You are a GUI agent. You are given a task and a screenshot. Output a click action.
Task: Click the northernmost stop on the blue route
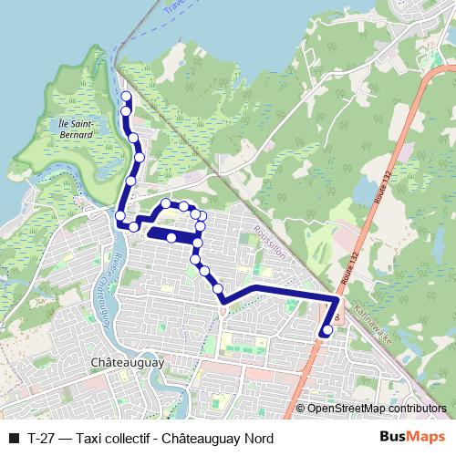point(126,97)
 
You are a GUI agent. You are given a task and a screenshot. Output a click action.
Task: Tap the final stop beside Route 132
point(327,330)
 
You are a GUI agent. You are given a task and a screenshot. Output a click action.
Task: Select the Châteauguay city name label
point(128,362)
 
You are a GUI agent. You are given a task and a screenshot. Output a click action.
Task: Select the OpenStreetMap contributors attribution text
point(377,409)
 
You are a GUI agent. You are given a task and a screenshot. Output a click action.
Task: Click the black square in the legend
point(14,438)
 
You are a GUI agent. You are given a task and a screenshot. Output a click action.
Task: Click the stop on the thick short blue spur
point(171,237)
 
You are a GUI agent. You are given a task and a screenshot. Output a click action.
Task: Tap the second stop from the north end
point(127,111)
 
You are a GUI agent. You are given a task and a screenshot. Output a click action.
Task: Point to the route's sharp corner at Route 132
point(337,298)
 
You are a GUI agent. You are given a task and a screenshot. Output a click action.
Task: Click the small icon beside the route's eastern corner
point(338,316)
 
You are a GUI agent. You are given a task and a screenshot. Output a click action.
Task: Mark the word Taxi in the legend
point(89,438)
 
